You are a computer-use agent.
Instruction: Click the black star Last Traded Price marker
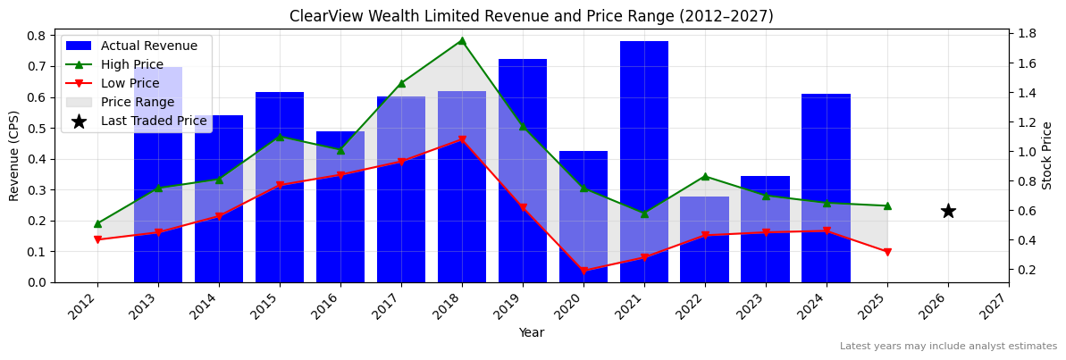tap(948, 211)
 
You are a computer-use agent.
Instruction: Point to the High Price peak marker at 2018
tap(461, 40)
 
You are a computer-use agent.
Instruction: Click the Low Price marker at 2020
tap(583, 271)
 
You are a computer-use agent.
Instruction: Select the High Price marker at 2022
tap(705, 176)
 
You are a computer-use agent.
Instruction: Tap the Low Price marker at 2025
tap(887, 252)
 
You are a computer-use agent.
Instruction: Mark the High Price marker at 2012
tap(97, 223)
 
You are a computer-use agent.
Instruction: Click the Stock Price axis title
tap(1047, 155)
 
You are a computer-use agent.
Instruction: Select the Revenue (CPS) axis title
tap(14, 155)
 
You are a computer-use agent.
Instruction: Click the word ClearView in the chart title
tap(323, 16)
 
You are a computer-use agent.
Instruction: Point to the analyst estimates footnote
tap(948, 347)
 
